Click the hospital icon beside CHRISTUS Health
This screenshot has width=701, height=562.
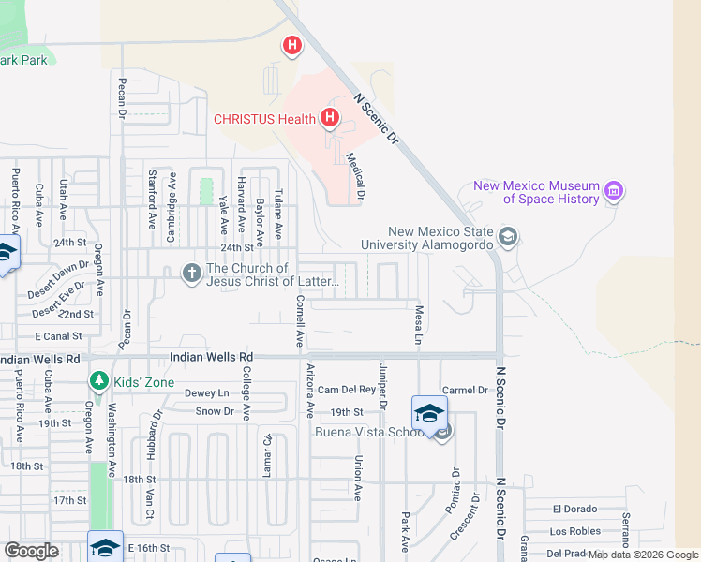(x=329, y=118)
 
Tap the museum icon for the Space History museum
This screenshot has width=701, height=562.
(x=614, y=192)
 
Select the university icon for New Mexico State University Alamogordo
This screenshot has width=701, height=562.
(x=508, y=236)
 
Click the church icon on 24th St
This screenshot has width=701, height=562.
(x=191, y=273)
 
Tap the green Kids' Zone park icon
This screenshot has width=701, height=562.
(x=97, y=380)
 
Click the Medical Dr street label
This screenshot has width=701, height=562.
(x=354, y=177)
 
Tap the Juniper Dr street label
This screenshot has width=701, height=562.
(x=382, y=385)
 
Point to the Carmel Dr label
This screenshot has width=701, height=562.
(x=465, y=390)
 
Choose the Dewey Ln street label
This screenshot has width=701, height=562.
(x=206, y=393)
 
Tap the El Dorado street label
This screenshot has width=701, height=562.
(x=574, y=510)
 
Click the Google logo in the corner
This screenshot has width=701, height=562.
(x=31, y=551)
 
